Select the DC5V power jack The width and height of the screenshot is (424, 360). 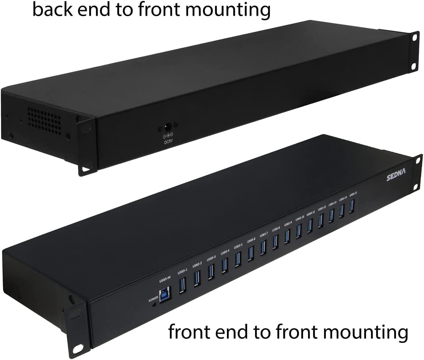[168, 127]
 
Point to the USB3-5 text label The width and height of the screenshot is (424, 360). [238, 246]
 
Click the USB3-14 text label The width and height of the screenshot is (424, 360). [343, 199]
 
